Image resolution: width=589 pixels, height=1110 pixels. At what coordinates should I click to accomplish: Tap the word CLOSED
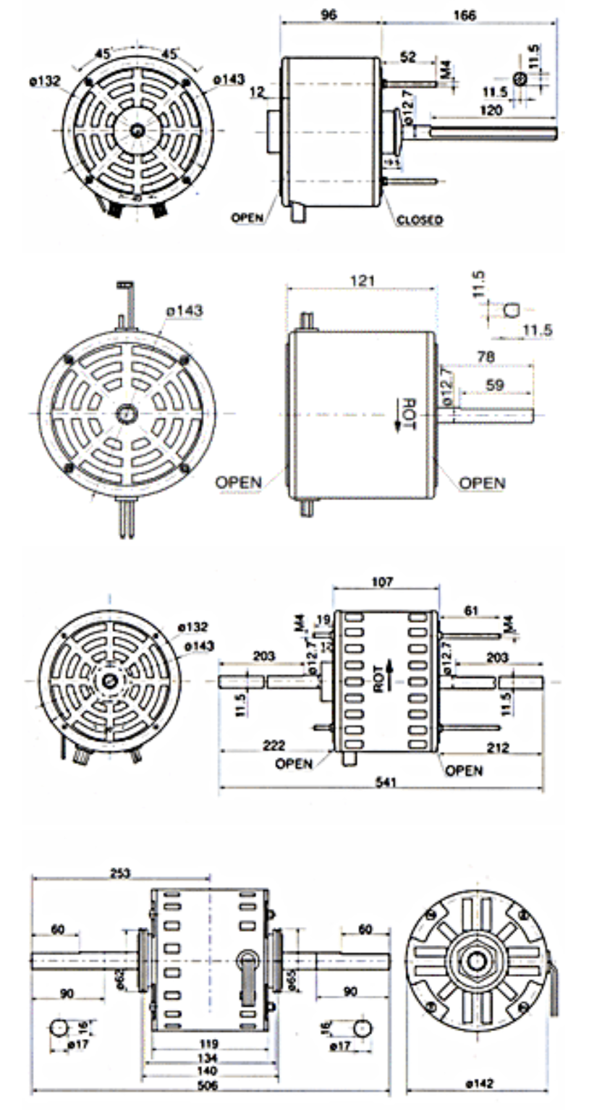(420, 219)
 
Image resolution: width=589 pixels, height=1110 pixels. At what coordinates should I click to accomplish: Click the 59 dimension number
(496, 386)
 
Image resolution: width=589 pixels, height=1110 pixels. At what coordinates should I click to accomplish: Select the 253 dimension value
(120, 873)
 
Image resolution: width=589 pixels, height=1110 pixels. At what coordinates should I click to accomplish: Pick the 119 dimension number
(209, 1044)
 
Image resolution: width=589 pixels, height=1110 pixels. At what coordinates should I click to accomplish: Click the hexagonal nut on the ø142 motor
(475, 960)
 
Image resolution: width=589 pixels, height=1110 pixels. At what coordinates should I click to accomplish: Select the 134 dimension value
(209, 1058)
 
